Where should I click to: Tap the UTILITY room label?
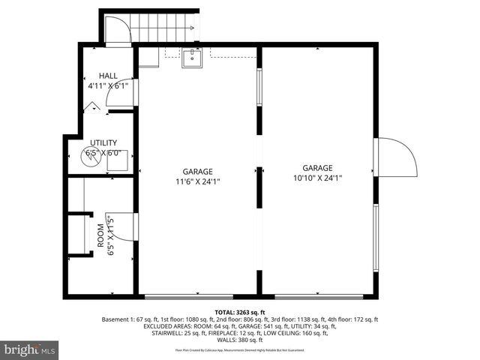tap(103, 142)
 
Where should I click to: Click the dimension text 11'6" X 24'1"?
tap(196, 181)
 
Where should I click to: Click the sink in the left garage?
tap(192, 58)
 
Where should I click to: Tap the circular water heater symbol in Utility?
tap(91, 156)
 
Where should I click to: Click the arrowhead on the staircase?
tap(193, 28)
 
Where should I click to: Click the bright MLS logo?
tap(30, 349)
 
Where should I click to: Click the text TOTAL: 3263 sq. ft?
tap(240, 311)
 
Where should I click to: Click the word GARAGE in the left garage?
tap(197, 171)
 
